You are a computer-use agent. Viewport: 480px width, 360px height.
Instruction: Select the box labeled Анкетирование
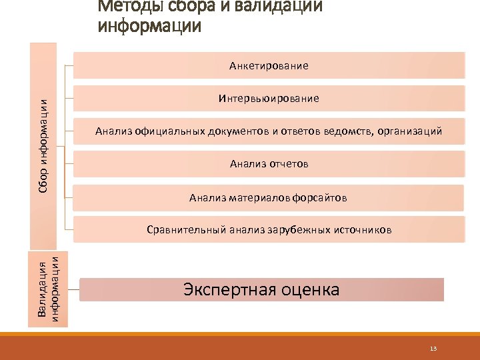click(269, 65)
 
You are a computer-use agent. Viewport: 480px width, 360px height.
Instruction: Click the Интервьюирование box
click(269, 99)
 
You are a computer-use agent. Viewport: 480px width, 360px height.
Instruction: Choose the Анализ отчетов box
click(269, 163)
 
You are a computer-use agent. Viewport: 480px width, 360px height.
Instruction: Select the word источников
click(363, 230)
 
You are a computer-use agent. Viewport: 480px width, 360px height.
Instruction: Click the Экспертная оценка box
click(261, 290)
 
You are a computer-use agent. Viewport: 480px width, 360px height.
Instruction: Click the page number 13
click(433, 349)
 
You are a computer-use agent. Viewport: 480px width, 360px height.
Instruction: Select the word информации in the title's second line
click(148, 27)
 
